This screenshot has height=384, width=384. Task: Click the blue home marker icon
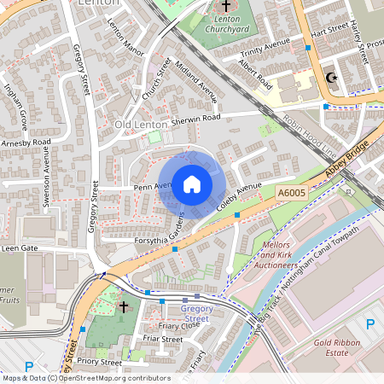click(192, 183)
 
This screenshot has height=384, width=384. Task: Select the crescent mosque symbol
click(331, 79)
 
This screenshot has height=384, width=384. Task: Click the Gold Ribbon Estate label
click(343, 346)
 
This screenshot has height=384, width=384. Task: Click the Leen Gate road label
click(20, 247)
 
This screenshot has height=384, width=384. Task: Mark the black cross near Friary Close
click(124, 305)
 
